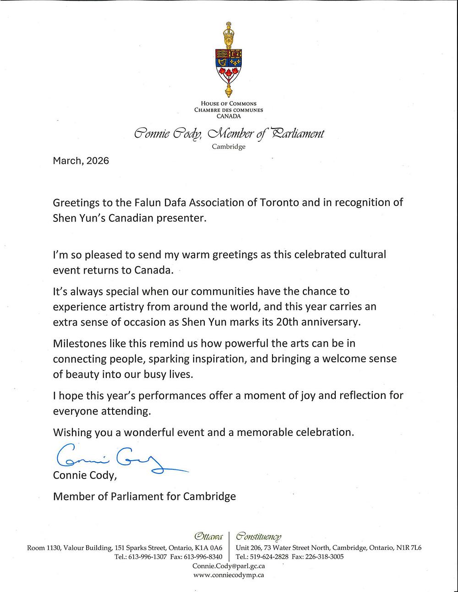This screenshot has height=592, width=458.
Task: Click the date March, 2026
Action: (81, 161)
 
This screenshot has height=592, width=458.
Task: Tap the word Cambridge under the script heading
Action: (229, 147)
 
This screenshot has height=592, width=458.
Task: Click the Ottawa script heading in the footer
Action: (208, 536)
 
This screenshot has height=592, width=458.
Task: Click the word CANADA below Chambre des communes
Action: (229, 116)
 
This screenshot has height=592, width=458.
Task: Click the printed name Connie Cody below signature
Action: (84, 475)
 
